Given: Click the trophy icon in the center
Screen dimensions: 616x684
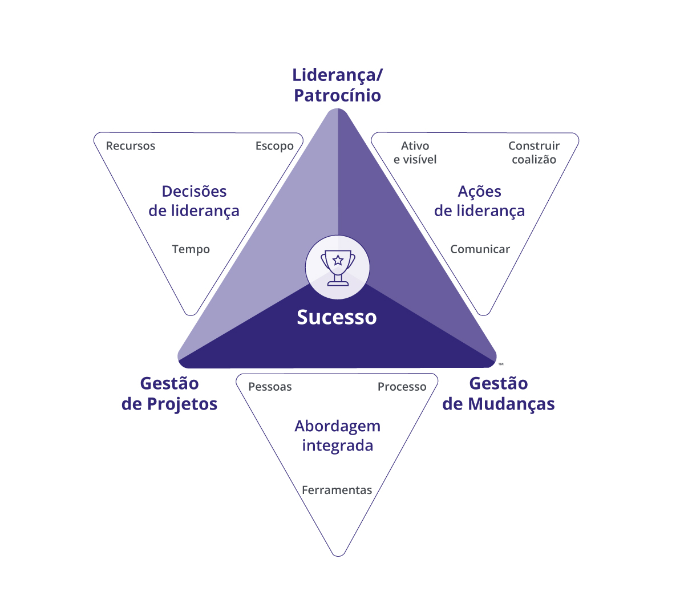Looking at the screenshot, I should click(338, 268).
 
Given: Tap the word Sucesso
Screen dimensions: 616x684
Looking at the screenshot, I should click(337, 317).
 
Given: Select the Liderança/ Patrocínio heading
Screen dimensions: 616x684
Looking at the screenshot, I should click(337, 85).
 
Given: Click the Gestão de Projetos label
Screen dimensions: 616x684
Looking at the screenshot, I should click(169, 394).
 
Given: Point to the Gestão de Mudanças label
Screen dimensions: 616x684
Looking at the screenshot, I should click(499, 394).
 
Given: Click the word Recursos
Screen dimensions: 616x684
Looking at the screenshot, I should click(131, 146).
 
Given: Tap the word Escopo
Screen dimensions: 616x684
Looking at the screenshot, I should click(274, 146).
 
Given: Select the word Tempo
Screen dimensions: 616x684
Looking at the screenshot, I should click(191, 249).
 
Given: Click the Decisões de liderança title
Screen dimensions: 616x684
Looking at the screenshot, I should click(194, 201).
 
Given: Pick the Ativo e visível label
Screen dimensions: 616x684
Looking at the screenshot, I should click(415, 153).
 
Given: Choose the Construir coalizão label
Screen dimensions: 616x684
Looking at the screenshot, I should click(534, 153).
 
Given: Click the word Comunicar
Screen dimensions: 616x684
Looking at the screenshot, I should click(480, 249).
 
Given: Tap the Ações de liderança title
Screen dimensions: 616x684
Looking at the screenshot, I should click(479, 201).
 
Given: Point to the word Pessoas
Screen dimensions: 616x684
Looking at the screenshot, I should click(270, 387).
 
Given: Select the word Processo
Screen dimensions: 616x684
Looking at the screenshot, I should click(402, 387).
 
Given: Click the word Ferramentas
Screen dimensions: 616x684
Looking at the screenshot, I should click(337, 490).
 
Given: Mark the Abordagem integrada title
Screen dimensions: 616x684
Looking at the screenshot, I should click(337, 436).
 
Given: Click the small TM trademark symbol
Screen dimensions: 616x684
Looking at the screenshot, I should click(501, 364).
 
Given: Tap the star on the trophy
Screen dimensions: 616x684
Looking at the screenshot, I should click(338, 261).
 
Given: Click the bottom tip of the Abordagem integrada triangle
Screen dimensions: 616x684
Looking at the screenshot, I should click(338, 553).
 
